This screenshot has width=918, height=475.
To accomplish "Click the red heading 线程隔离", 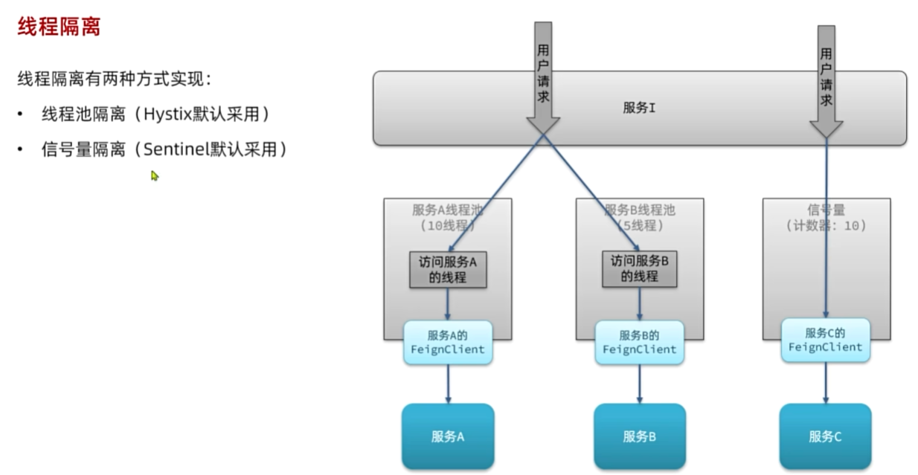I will pyautogui.click(x=59, y=28).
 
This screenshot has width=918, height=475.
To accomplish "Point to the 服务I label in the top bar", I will pyautogui.click(x=639, y=108).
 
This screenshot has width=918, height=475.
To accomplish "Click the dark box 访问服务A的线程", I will pyautogui.click(x=448, y=270).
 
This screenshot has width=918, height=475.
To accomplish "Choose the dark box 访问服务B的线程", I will pyautogui.click(x=640, y=268).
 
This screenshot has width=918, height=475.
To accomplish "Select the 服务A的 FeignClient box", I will pyautogui.click(x=448, y=342).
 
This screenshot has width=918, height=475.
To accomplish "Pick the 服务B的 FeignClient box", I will pyautogui.click(x=640, y=342).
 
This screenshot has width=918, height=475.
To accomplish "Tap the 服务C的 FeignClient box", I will pyautogui.click(x=825, y=340).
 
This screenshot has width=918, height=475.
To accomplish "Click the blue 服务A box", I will pyautogui.click(x=448, y=436).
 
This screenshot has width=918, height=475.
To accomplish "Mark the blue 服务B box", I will pyautogui.click(x=640, y=436).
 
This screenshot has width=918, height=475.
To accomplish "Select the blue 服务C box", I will pyautogui.click(x=825, y=436).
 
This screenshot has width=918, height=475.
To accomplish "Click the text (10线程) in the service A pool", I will pyautogui.click(x=448, y=224).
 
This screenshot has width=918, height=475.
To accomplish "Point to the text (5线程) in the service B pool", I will pyautogui.click(x=640, y=224).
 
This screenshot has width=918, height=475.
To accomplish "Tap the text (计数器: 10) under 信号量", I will pyautogui.click(x=826, y=225).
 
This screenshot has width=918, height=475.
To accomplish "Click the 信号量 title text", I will pyautogui.click(x=826, y=210).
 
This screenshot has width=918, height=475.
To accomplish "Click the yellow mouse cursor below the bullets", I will pyautogui.click(x=155, y=176).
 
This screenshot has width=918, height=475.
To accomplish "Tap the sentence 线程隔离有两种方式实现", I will pyautogui.click(x=115, y=80).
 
